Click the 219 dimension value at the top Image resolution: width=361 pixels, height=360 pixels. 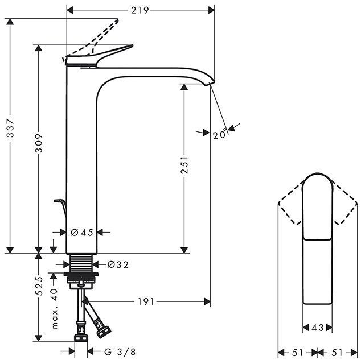tap(140, 10)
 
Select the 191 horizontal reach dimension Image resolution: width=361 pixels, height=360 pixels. tap(146, 301)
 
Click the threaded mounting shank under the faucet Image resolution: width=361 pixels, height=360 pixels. tap(80, 264)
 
